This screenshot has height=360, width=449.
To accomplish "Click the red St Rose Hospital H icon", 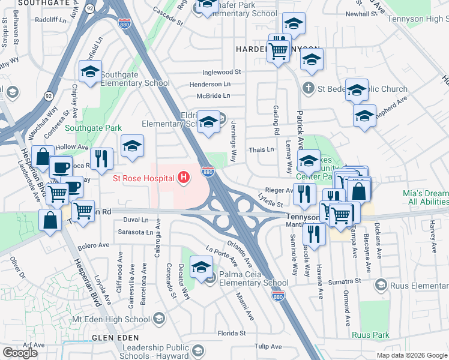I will pyautogui.click(x=185, y=178).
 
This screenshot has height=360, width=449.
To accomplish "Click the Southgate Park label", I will pyautogui.click(x=93, y=128).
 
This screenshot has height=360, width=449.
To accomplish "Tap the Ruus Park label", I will pyautogui.click(x=370, y=335).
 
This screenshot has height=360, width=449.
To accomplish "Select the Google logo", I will pyautogui.click(x=20, y=352).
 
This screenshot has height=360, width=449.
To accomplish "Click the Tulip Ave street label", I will pyautogui.click(x=268, y=346).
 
